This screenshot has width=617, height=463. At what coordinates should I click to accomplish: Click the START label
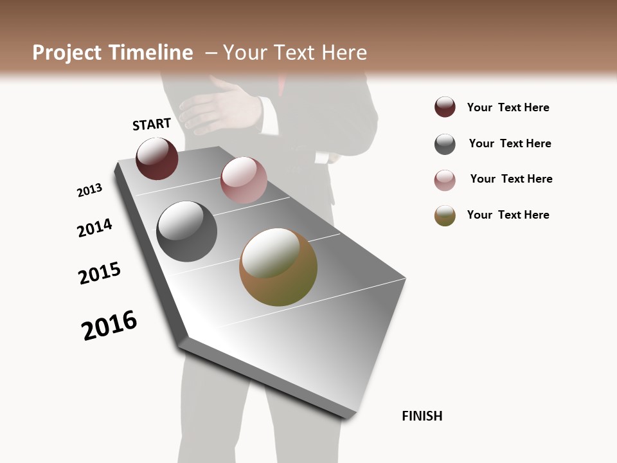(x=152, y=124)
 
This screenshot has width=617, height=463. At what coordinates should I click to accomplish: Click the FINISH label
(x=422, y=416)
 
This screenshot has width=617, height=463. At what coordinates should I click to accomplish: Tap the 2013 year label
(x=89, y=190)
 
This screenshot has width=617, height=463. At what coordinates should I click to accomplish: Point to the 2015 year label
(x=100, y=273)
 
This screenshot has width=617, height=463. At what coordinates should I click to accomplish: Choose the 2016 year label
(x=109, y=325)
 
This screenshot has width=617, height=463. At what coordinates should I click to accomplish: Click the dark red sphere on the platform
(x=157, y=158)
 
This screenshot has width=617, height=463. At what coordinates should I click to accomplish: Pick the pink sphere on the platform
(x=244, y=180)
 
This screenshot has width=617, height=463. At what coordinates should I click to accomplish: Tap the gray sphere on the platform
(x=187, y=232)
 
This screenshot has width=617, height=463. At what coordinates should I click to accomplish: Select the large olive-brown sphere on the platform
(x=278, y=267)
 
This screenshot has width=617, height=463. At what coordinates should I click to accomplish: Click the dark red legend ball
(x=445, y=107)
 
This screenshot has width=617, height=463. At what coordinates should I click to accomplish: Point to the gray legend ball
(x=445, y=144)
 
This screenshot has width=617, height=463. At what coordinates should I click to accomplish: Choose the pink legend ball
(x=445, y=180)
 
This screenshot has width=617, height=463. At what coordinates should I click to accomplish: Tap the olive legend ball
(x=445, y=215)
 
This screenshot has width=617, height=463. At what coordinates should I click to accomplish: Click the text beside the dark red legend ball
(x=508, y=107)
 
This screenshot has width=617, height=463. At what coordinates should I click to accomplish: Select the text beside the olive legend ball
(x=508, y=215)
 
